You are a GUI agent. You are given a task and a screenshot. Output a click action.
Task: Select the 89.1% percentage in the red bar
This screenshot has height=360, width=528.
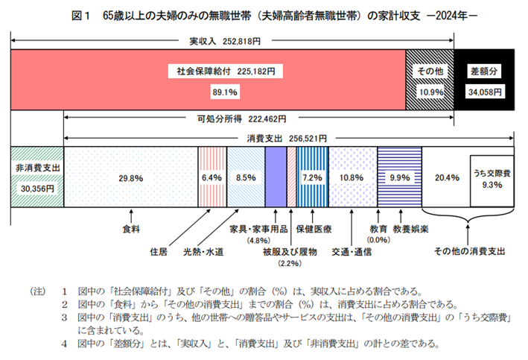point(225,92)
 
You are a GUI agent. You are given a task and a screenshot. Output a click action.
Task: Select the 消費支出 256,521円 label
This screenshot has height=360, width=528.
point(290,139)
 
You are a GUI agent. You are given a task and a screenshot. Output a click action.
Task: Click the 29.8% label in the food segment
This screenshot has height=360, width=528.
point(131,178)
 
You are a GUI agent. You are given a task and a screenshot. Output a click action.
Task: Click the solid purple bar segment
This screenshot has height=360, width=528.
point(276,177)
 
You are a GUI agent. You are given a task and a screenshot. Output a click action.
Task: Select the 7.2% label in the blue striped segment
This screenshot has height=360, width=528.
point(311,178)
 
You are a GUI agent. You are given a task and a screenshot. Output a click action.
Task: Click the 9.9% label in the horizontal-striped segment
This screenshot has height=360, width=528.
point(400,178)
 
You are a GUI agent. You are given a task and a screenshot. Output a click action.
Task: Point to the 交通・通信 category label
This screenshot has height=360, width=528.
point(352,251)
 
